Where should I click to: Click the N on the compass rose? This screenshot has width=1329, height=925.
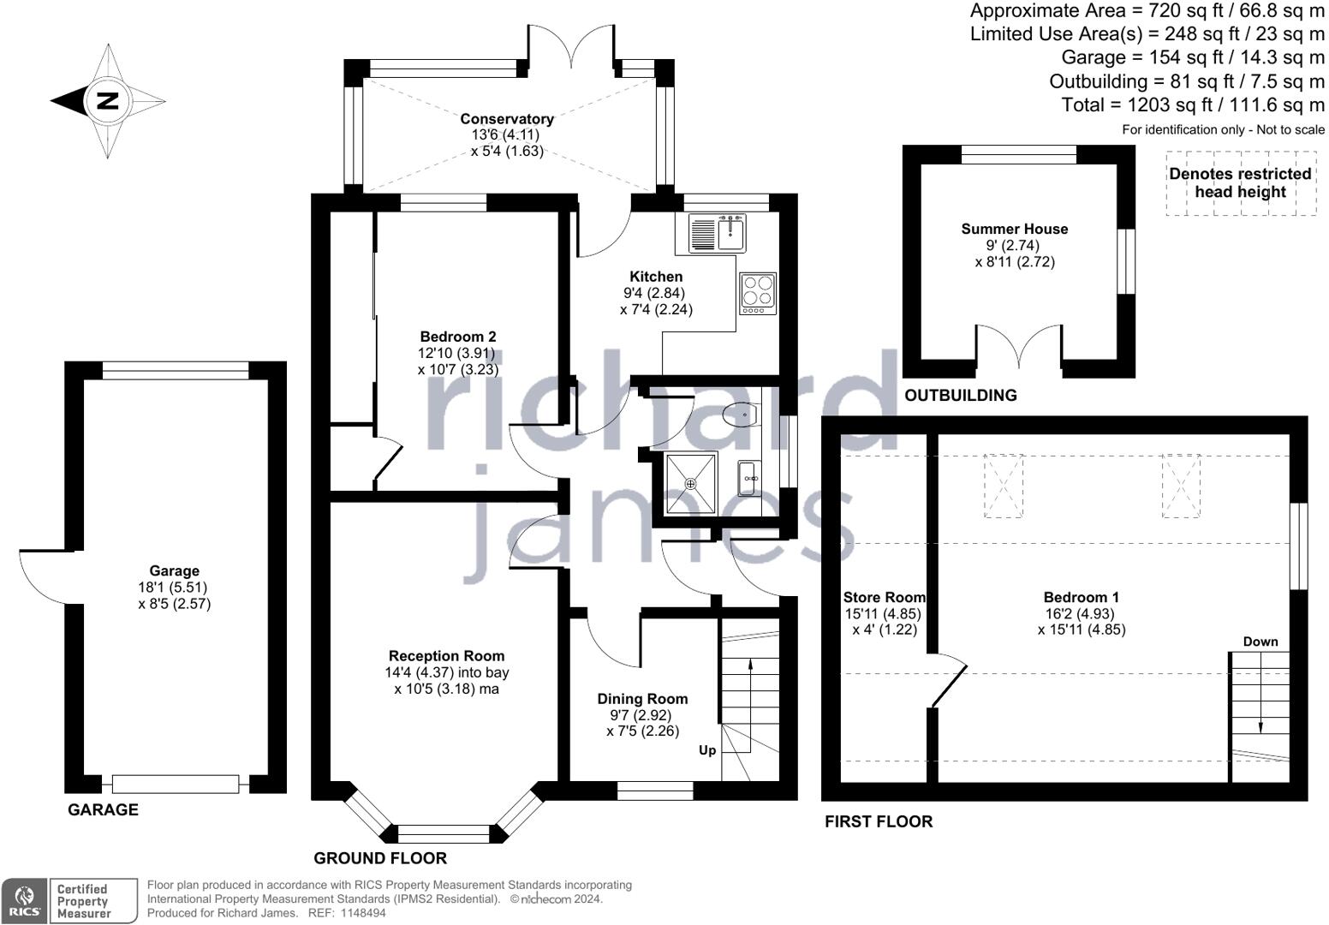point(106,101)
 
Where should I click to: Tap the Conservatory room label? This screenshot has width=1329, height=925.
point(507,119)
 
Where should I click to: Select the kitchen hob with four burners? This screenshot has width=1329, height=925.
point(758,293)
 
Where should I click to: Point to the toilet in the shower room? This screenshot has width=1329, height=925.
point(741,415)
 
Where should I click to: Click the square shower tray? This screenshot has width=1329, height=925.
point(691,484)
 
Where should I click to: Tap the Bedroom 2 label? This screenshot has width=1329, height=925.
point(458,337)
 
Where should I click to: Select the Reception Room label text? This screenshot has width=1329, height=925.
point(446,656)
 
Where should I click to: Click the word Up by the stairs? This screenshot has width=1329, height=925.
point(707,750)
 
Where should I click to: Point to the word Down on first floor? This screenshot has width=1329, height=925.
point(1260,642)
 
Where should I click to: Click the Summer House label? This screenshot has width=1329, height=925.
point(1015,229)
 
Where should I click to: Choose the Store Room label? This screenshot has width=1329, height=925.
point(885,597)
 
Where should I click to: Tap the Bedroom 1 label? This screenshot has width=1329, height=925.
point(1082,597)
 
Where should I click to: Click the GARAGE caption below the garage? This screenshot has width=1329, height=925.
point(103,809)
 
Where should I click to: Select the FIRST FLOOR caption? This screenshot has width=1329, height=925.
point(879,821)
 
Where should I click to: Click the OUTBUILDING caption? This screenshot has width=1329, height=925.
point(961,395)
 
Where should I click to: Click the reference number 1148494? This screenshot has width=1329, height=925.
point(363,913)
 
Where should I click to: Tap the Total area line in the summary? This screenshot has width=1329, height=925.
point(1193,104)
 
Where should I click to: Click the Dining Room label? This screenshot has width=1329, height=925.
point(642,699)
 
